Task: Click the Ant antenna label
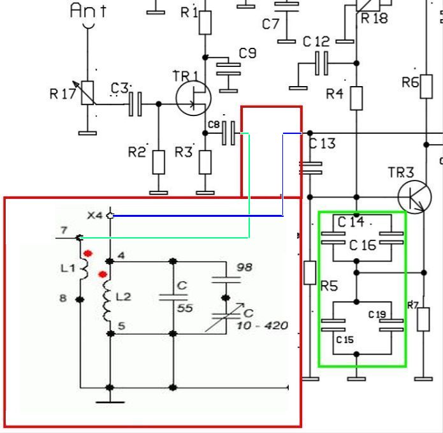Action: (88, 10)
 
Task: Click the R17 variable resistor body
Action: (87, 93)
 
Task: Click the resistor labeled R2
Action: (158, 162)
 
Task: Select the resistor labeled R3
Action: (205, 162)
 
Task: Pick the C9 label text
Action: (247, 54)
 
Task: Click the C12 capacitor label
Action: (316, 42)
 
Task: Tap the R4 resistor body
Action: (356, 98)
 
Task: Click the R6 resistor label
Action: (410, 82)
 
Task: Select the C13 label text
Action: (323, 143)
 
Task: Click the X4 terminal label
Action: (94, 216)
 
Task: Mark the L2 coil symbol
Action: (107, 297)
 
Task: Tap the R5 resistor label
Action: (329, 286)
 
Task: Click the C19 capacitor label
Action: (377, 314)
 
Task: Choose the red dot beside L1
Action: (88, 254)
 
